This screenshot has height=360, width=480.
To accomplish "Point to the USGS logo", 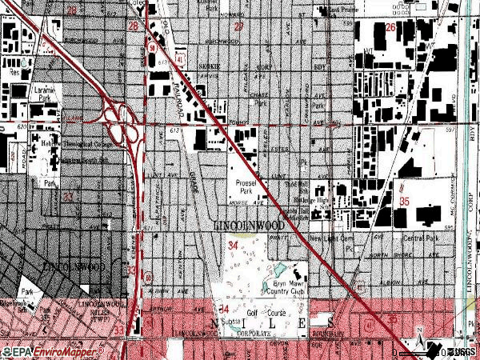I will point(460,352).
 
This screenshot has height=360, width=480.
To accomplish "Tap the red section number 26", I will point(390,27).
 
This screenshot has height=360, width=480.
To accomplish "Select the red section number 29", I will point(238,27).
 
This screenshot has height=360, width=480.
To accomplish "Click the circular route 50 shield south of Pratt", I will point(148,277).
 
